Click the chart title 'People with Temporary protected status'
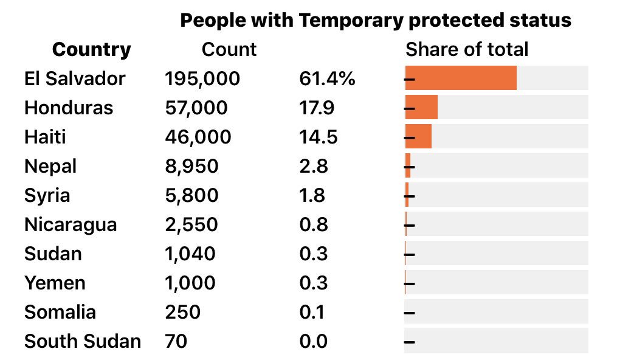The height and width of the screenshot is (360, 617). coord(376,21)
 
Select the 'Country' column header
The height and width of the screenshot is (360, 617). coord(91,50)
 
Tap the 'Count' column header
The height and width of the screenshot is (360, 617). coord(229,50)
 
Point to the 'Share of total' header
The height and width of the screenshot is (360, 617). coord(467,50)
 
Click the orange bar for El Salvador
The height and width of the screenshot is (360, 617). coord(461,78)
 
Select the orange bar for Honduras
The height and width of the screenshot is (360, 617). coord(421,108)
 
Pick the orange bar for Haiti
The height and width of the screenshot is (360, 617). coord(418,137)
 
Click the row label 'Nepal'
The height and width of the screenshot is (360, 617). coord(50,166)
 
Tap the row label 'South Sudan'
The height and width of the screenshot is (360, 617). coord(83,341)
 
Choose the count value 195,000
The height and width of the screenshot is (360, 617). coord(202,78)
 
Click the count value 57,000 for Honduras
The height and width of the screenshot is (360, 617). coord(196,108)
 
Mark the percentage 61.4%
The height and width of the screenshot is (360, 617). coord(327,78)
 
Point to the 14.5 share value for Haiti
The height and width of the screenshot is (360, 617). coord(319,137)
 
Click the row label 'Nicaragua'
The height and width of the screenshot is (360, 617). coord(71,224)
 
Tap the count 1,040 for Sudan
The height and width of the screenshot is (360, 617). coord(190,254)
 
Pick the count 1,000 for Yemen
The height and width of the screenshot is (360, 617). coord(190,283)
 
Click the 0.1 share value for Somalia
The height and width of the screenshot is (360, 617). coord(312,312)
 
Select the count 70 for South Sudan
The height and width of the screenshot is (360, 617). coord(176,341)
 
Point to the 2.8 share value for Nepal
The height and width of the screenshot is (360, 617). coord(314,166)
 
